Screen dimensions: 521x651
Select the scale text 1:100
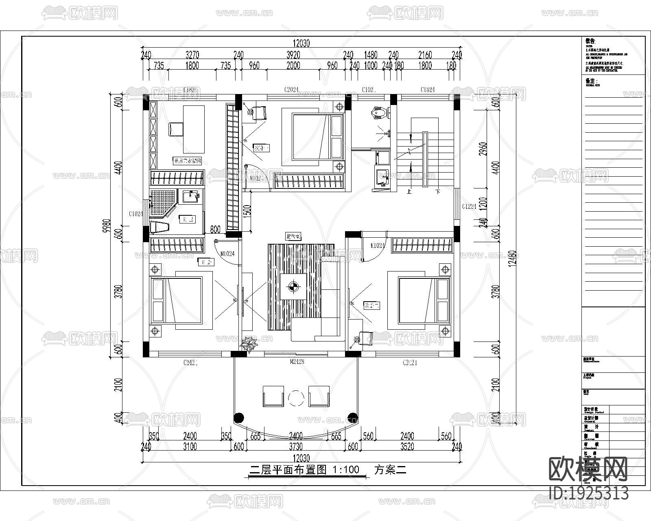coord(346,470)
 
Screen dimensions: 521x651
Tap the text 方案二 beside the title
coord(390,470)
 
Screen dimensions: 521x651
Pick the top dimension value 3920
coord(293,55)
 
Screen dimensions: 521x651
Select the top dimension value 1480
coord(371,55)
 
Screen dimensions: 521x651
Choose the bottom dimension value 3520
coord(407,447)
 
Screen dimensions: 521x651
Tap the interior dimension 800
coord(215,230)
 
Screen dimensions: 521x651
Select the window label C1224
coord(469,207)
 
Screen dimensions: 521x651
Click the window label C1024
coord(136,214)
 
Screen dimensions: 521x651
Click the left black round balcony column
coord(239,418)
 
